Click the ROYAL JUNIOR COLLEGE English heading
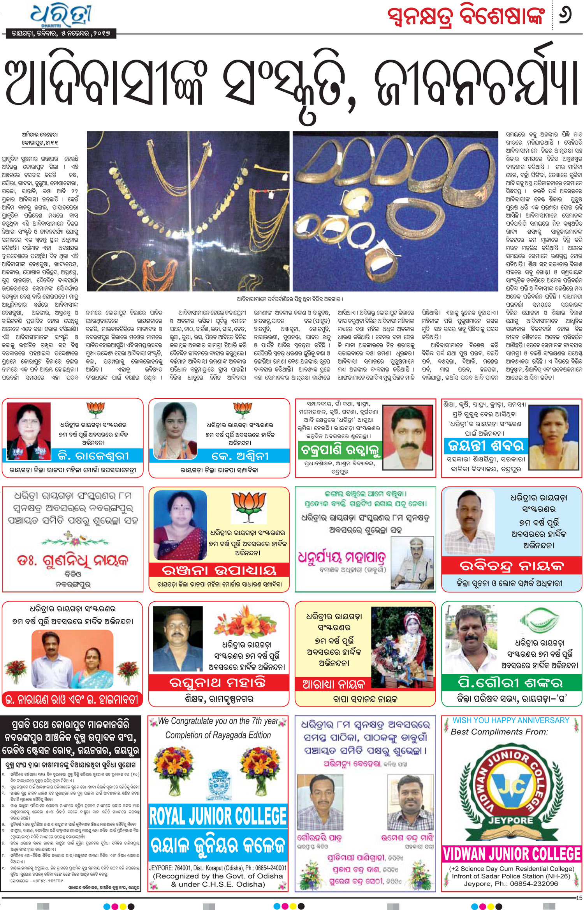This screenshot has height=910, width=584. pyautogui.click(x=218, y=816)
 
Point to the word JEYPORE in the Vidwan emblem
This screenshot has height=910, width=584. pyautogui.click(x=511, y=820)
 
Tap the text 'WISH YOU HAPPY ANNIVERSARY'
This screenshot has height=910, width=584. pyautogui.click(x=511, y=721)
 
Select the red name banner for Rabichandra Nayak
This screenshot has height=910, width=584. pyautogui.click(x=512, y=565)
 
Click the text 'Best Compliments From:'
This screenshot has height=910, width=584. pyautogui.click(x=499, y=732)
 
